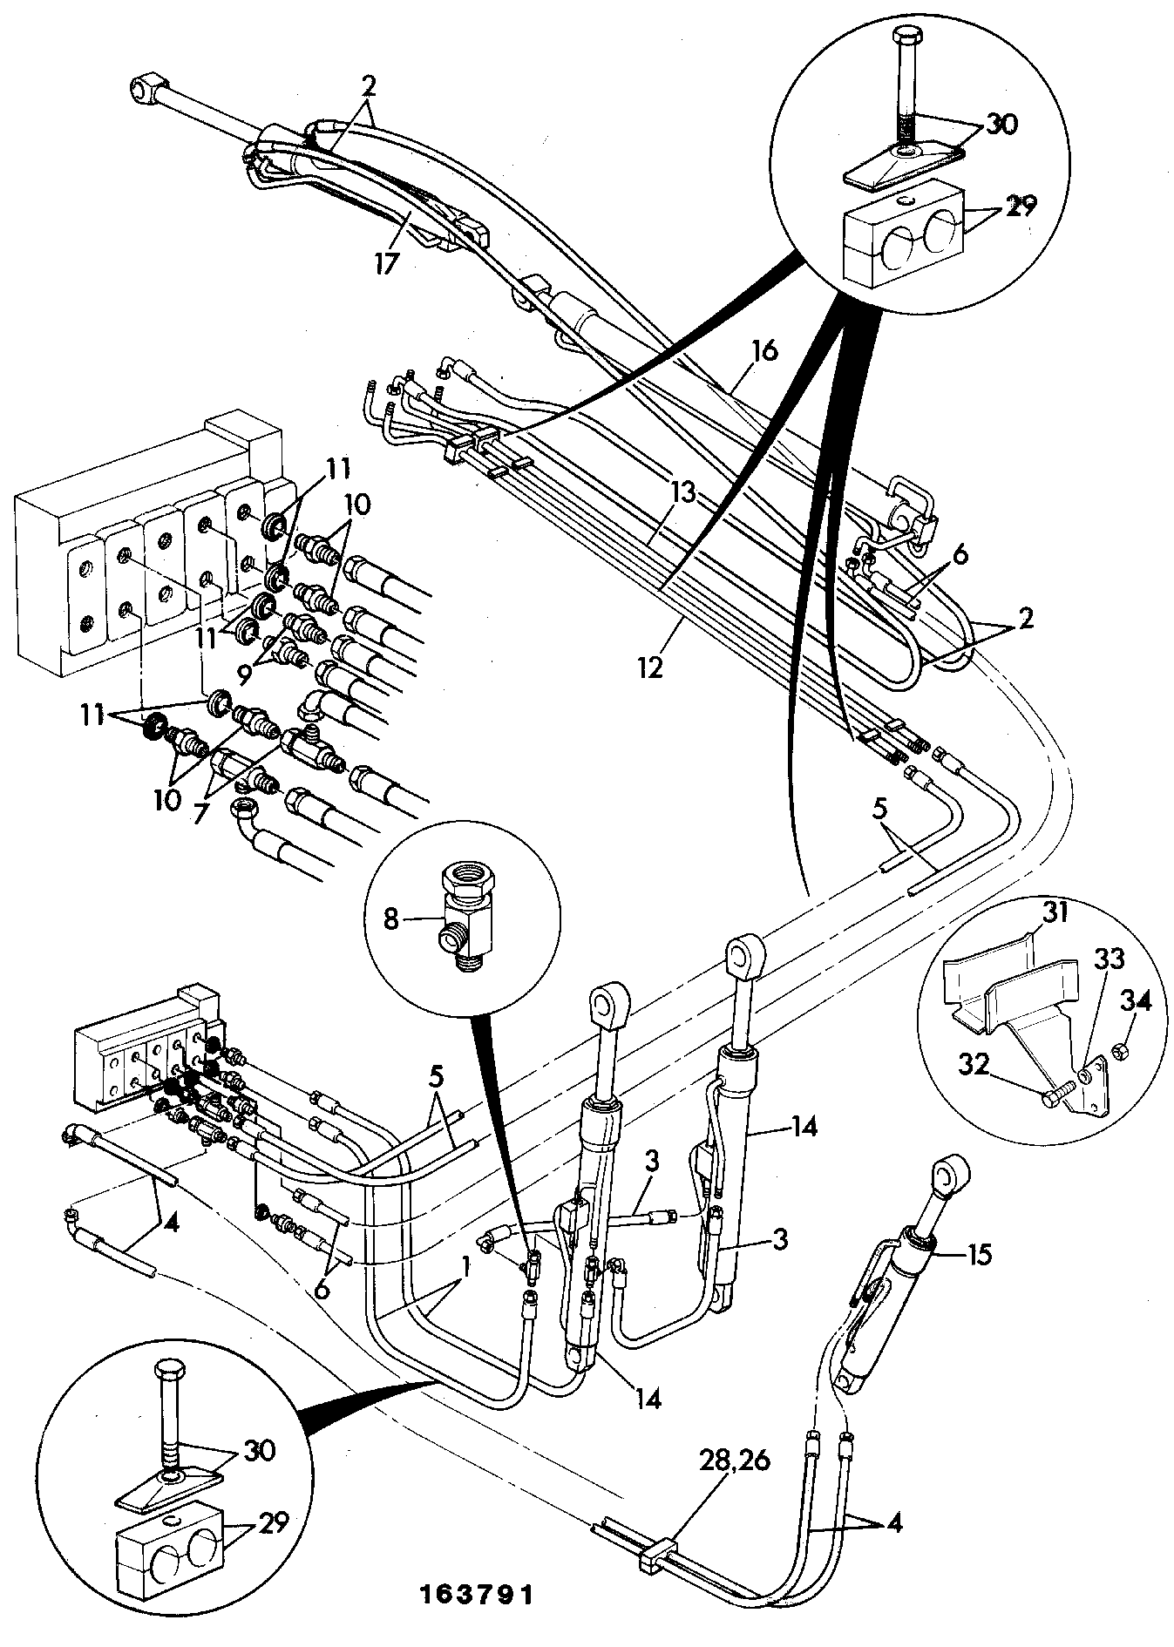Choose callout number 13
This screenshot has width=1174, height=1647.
pyautogui.click(x=684, y=493)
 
